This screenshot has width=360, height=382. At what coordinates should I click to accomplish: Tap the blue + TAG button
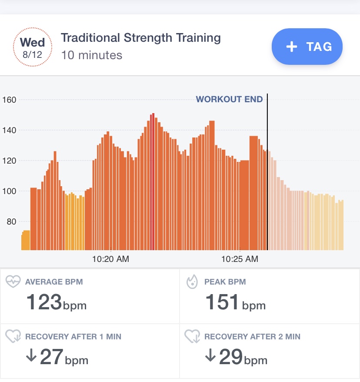click(307, 47)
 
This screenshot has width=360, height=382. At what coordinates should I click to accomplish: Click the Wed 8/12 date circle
click(33, 47)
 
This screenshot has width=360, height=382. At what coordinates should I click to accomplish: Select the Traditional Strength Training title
click(140, 38)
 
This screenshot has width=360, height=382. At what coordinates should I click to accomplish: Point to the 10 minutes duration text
click(91, 55)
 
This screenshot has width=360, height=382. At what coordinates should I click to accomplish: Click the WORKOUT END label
click(229, 99)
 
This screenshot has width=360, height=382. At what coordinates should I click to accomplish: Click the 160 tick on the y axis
click(9, 100)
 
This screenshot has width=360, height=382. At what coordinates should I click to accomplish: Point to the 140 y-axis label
click(9, 130)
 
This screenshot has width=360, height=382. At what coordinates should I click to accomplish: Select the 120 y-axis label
click(9, 161)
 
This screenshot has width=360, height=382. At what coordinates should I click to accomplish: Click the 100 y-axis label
click(9, 191)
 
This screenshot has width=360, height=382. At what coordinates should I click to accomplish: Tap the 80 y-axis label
click(11, 221)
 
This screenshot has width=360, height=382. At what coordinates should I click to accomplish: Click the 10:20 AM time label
click(110, 259)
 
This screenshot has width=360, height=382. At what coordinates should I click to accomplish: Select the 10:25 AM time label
click(240, 259)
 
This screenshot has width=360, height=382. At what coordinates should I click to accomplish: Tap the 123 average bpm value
click(44, 302)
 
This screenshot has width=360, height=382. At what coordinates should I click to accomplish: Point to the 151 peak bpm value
click(222, 302)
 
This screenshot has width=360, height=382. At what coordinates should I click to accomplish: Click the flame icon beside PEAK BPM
click(192, 282)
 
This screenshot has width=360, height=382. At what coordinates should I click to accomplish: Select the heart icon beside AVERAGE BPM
click(13, 282)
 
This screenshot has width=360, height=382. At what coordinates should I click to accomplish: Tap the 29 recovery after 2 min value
click(231, 357)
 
